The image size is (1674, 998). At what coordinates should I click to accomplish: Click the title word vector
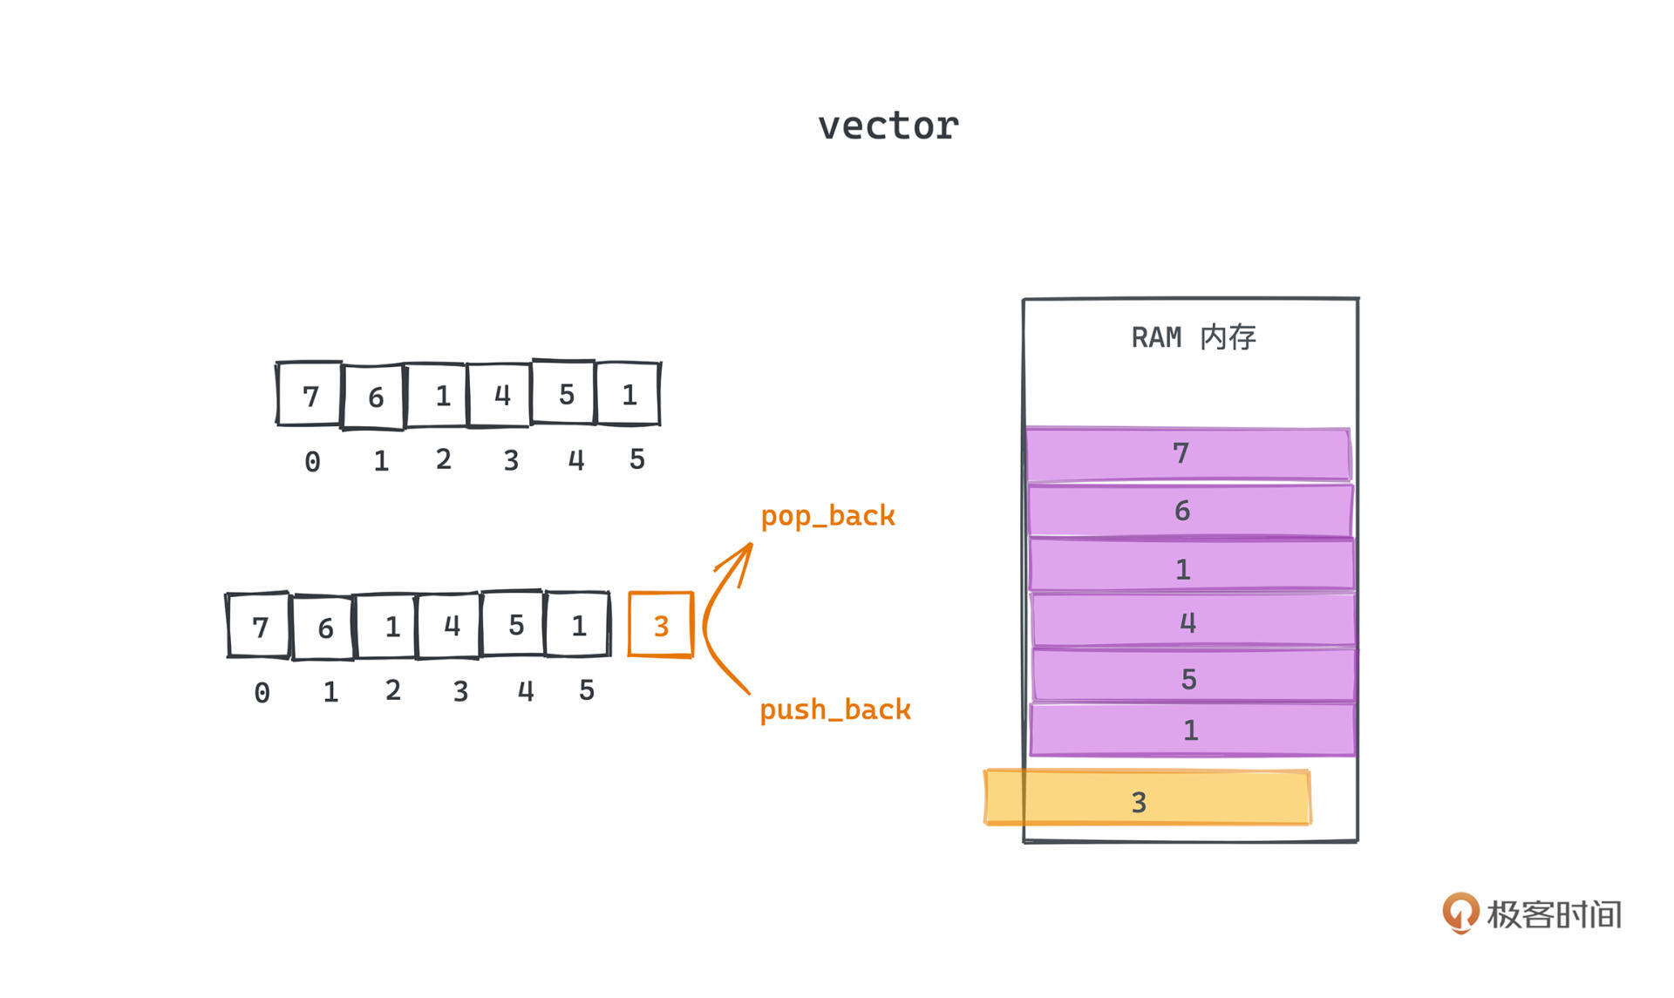[x=888, y=126]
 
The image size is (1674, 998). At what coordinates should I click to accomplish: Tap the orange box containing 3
[x=661, y=625]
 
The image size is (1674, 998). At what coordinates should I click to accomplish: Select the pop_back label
[x=827, y=516]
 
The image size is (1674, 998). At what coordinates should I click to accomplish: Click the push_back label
[x=834, y=709]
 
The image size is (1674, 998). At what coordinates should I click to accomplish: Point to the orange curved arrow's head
[x=746, y=549]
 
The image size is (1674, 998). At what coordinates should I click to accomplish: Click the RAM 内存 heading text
[x=1193, y=337]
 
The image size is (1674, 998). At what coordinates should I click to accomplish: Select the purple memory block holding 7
[x=1188, y=454]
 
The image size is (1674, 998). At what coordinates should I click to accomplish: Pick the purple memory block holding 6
[x=1190, y=511]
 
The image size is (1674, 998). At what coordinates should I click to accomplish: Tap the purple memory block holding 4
[x=1193, y=622]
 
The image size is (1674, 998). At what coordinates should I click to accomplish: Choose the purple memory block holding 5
[x=1194, y=677]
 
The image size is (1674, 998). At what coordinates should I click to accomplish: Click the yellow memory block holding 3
[x=1147, y=798]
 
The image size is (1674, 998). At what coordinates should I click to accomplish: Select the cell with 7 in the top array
[x=310, y=395]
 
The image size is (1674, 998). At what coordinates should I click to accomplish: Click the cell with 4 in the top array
[x=500, y=395]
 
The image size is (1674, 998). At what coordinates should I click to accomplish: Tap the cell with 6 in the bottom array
[x=324, y=627]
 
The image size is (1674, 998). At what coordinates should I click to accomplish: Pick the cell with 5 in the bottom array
[x=514, y=624]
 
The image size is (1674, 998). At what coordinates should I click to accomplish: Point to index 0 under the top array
[x=312, y=461]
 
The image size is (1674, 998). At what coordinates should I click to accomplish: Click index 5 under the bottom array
[x=587, y=690]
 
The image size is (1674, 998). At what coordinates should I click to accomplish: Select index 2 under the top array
[x=443, y=459]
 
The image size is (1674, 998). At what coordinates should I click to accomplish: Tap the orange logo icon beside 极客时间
[x=1460, y=913]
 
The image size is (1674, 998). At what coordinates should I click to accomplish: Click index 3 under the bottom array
[x=460, y=691]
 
